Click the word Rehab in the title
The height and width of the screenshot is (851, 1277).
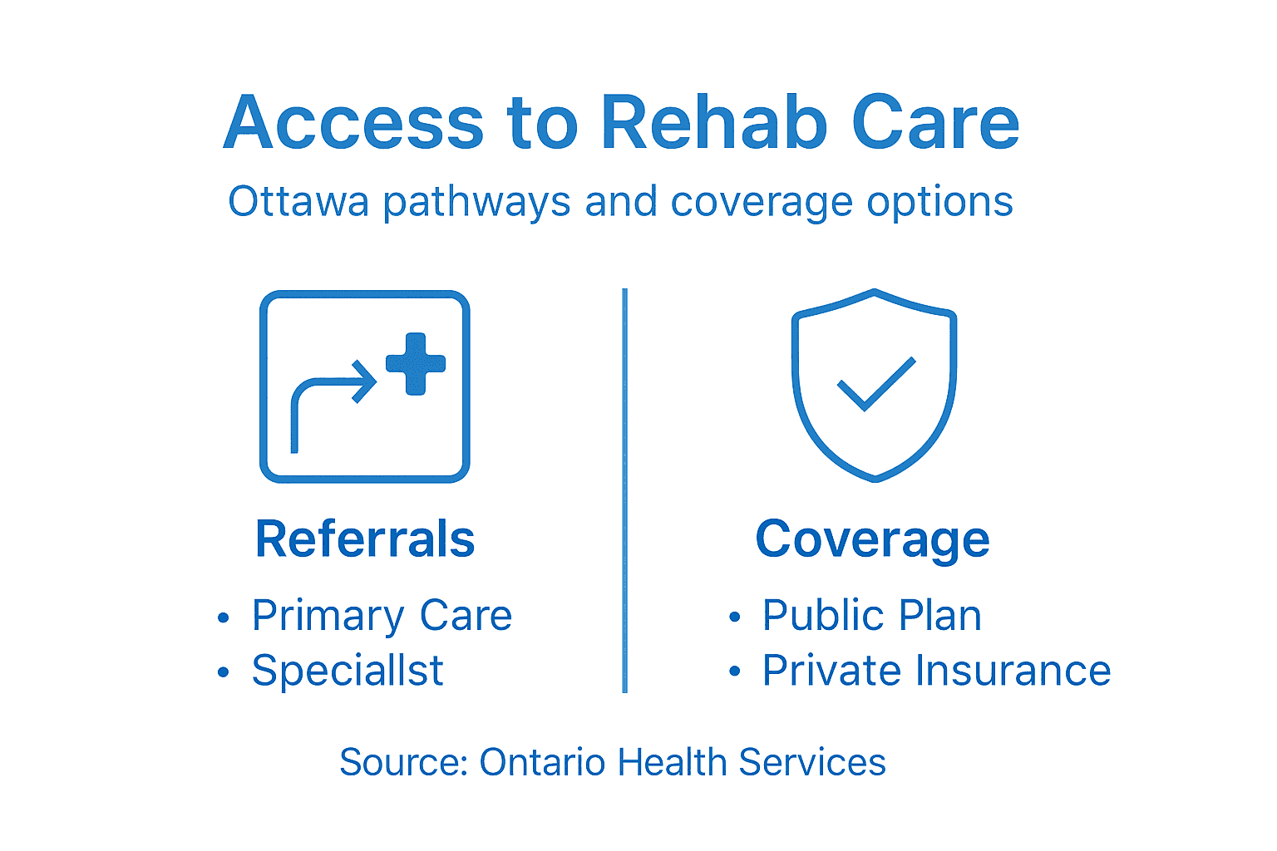pyautogui.click(x=713, y=123)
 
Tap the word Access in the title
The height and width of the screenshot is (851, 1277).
pyautogui.click(x=353, y=123)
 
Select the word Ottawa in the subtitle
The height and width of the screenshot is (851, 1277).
pyautogui.click(x=298, y=202)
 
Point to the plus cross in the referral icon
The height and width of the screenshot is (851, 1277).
pyautogui.click(x=416, y=364)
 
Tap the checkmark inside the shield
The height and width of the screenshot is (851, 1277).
pyautogui.click(x=875, y=384)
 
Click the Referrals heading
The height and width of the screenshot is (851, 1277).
pyautogui.click(x=365, y=539)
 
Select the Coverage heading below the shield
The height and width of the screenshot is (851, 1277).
pyautogui.click(x=872, y=539)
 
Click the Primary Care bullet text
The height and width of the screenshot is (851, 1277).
pyautogui.click(x=382, y=616)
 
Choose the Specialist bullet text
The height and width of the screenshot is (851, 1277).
pyautogui.click(x=348, y=671)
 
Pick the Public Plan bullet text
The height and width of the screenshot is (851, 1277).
pyautogui.click(x=871, y=616)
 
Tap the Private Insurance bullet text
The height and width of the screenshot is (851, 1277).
pyautogui.click(x=936, y=671)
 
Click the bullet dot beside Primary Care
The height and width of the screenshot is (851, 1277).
pyautogui.click(x=223, y=617)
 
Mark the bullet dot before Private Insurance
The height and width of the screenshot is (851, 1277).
pyautogui.click(x=734, y=671)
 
